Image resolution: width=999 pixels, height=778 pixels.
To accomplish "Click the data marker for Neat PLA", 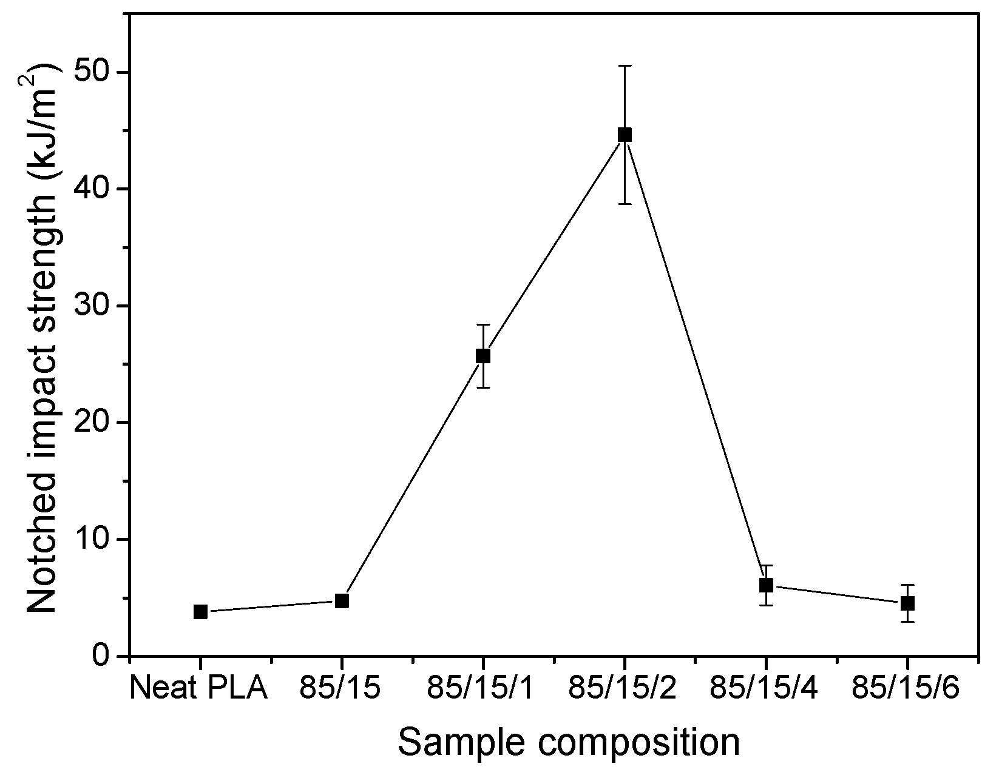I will [200, 612].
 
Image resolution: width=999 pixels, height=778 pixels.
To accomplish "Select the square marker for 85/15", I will [342, 601].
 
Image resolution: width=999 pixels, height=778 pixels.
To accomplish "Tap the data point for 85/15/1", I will [483, 356].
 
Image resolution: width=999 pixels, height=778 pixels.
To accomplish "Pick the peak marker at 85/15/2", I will [625, 135].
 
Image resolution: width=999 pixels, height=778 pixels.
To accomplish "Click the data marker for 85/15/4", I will [766, 585].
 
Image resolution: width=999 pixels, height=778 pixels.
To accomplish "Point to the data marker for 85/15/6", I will [907, 603].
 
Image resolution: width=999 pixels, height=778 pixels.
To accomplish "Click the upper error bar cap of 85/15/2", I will [625, 65].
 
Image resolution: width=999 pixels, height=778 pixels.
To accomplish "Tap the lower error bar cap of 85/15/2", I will [625, 204].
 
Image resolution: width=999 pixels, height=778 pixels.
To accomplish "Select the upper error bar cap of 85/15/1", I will [483, 325].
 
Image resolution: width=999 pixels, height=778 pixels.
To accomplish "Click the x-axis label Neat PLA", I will [200, 689].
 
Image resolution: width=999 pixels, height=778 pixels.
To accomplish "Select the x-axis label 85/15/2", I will [623, 689].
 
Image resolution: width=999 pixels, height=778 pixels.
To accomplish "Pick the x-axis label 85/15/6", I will [906, 689].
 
